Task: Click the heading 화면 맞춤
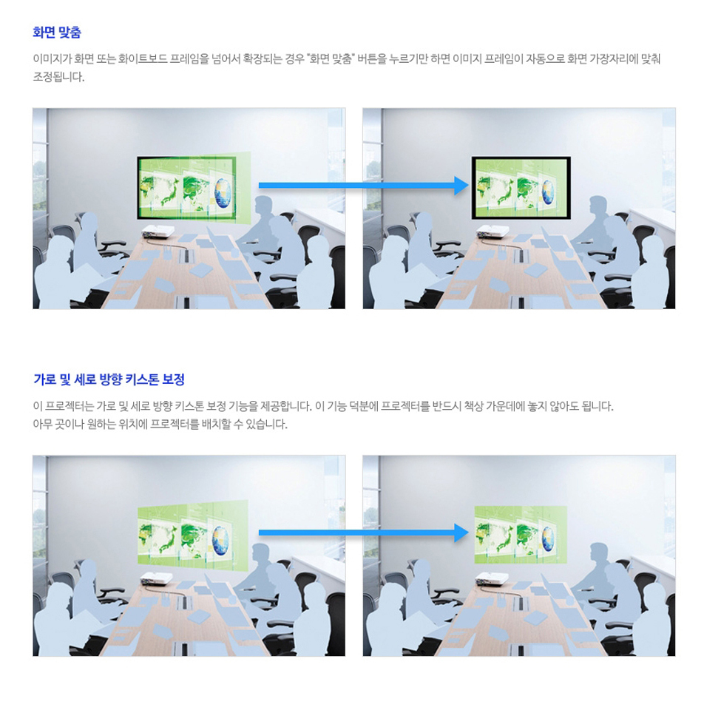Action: pos(57,33)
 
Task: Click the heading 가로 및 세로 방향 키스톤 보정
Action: pos(109,379)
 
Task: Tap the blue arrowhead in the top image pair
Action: pos(461,185)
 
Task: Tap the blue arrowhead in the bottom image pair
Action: pos(461,533)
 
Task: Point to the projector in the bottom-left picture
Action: pos(156,578)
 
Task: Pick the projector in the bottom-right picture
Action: pos(492,578)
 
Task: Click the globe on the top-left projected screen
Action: pos(223,193)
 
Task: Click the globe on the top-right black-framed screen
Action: pos(547,192)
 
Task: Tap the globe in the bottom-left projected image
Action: pos(220,540)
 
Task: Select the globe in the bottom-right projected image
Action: pos(548,538)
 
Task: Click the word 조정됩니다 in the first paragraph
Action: pos(58,77)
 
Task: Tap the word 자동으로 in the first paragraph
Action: pos(545,58)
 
